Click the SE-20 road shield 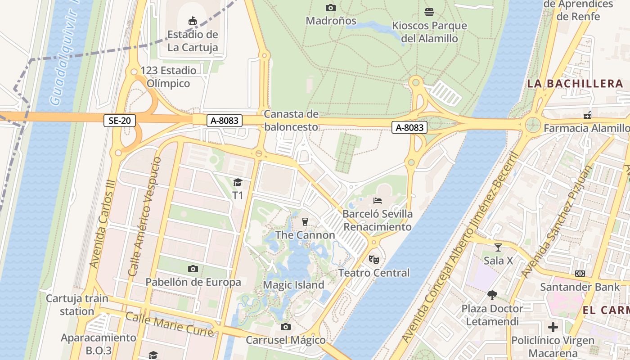pos(120,120)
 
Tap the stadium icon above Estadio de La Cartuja pos(193,21)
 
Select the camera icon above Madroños pos(331,8)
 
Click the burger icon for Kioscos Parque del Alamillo pos(429,12)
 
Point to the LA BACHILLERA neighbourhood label pos(575,84)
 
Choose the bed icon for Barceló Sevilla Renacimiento pos(378,200)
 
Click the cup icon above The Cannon pos(305,221)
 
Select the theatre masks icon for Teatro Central pos(374,259)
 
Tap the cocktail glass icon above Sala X pos(498,247)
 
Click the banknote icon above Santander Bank pos(580,274)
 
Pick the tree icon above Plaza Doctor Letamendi pos(492,295)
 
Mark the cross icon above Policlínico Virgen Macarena pos(553,327)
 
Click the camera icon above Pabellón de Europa pos(193,269)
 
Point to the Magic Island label pos(293,285)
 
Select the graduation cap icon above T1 pos(238,182)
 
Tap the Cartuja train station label pos(77,305)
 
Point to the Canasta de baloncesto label pos(291,121)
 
